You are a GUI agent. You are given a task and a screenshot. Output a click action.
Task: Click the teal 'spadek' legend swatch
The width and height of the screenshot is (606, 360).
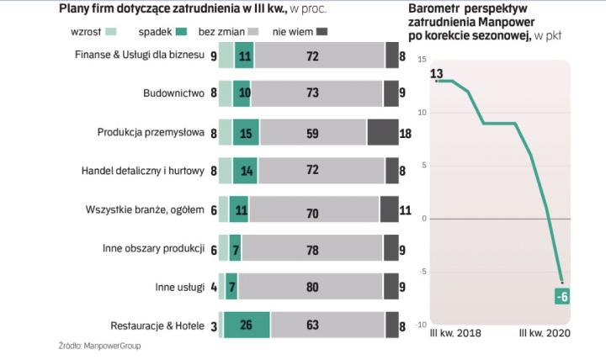tap(178, 32)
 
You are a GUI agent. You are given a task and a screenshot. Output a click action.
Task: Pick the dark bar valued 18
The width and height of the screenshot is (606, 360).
tap(383, 132)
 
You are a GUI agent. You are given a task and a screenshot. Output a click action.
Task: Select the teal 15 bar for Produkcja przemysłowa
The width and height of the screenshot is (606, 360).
tap(246, 132)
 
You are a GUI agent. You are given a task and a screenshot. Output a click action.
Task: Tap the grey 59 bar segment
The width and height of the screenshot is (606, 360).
tap(313, 132)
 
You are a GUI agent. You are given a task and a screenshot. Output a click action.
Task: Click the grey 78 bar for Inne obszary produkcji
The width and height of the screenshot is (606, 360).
tap(311, 248)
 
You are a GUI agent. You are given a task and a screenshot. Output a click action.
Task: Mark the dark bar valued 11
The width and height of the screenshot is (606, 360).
tap(389, 209)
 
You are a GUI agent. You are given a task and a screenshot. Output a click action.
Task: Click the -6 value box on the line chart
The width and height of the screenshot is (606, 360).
tap(561, 296)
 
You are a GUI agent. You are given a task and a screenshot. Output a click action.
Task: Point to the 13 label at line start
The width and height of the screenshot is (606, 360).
tap(437, 75)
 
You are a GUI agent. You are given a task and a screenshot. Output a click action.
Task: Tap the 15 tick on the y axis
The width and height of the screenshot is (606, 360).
tap(422, 59)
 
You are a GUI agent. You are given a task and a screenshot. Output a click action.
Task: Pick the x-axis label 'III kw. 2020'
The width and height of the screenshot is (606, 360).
tap(545, 336)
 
